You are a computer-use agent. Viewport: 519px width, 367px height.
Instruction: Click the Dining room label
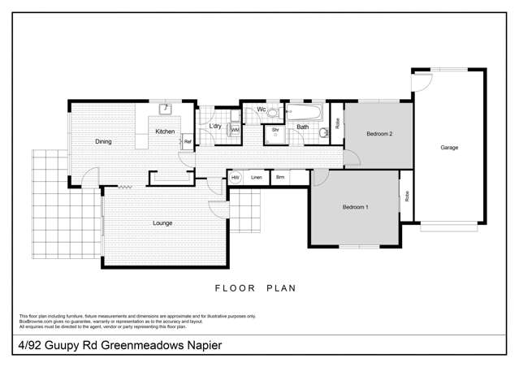[x=103, y=142]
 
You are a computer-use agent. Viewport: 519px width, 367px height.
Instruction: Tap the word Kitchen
[x=165, y=132]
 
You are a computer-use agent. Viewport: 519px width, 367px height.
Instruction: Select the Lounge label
[x=163, y=222]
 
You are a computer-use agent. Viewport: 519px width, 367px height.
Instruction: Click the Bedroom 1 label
[x=355, y=208]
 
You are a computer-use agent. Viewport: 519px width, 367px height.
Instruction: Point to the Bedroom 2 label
[x=379, y=133]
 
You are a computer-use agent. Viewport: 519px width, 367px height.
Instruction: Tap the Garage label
[x=449, y=148]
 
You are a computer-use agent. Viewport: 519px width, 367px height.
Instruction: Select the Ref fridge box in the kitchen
[x=187, y=142]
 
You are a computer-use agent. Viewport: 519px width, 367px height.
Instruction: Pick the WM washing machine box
[x=235, y=129]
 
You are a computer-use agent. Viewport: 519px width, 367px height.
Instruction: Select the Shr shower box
[x=275, y=132]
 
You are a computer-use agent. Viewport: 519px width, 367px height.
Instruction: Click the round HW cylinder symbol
[x=236, y=177]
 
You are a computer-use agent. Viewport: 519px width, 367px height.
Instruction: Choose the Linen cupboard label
[x=257, y=177]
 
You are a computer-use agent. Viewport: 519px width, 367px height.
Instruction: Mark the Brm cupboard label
[x=279, y=177]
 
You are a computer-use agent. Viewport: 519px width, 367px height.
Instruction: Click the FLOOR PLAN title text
[x=255, y=287]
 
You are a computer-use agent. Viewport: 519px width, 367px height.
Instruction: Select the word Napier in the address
[x=198, y=345]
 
